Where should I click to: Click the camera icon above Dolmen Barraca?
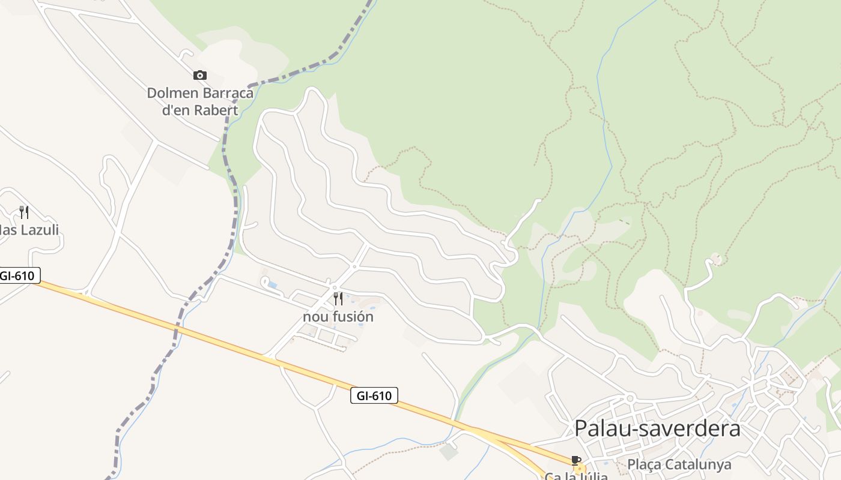(200, 75)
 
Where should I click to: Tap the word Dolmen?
(173, 93)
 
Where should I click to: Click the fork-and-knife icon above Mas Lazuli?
(24, 212)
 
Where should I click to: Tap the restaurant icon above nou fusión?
(338, 298)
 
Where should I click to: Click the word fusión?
(351, 316)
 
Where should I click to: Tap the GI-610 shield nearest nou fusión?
(374, 395)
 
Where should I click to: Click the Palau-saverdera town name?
(657, 428)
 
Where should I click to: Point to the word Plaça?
(644, 464)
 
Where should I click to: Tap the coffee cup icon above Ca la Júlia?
(576, 460)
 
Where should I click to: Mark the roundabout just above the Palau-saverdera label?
(630, 398)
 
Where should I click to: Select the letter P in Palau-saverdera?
(581, 428)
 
